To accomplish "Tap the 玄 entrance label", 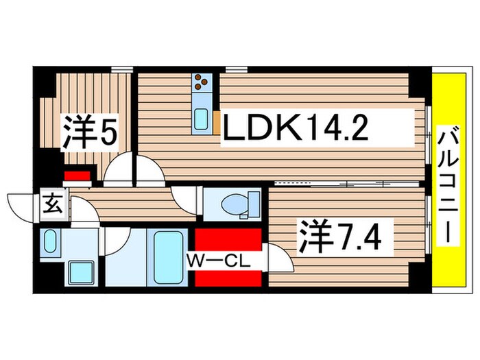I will click(53, 204).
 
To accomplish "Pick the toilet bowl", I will click(234, 204).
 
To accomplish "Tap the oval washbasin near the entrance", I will click(49, 241).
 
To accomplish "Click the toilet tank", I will click(254, 204).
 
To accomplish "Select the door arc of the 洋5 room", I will click(119, 169).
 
